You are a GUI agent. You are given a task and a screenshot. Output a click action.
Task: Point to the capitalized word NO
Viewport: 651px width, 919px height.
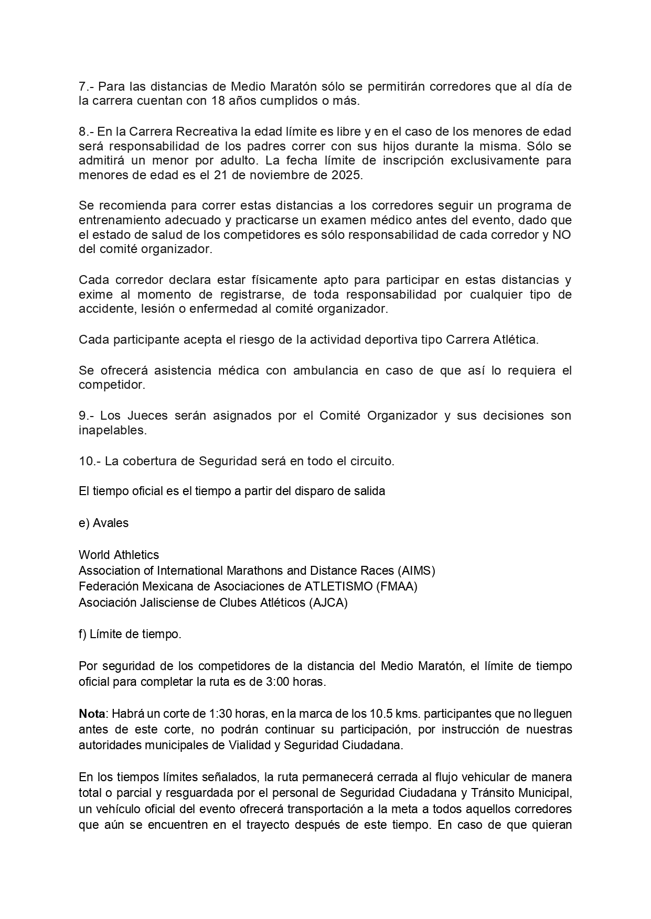click(562, 235)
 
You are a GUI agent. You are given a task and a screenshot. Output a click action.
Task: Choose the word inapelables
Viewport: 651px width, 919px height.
click(112, 431)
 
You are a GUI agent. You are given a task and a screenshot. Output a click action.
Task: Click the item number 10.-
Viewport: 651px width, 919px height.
click(89, 461)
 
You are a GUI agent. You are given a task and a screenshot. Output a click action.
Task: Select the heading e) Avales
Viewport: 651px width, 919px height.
click(103, 523)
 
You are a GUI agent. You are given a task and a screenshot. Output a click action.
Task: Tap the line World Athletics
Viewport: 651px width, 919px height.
click(119, 555)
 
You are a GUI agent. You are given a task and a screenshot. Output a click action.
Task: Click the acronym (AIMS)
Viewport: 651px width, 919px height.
click(416, 571)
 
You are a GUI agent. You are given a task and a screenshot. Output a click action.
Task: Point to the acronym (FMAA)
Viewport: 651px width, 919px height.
click(397, 586)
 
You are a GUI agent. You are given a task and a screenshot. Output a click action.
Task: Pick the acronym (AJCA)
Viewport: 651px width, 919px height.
click(328, 603)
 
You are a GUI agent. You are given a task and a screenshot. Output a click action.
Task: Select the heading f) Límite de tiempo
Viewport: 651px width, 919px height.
click(130, 634)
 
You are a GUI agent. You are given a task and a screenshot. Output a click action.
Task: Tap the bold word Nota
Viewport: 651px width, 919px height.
click(92, 714)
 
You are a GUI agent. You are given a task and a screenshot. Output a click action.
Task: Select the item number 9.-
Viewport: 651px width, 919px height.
click(87, 415)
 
